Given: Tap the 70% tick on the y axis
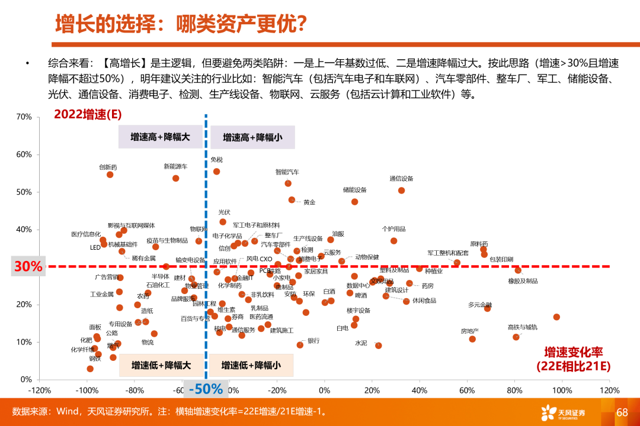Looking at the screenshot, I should point(24,117).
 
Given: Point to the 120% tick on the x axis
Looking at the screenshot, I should point(609,390).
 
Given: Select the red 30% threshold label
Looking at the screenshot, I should point(28,267).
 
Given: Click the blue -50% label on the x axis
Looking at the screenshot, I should point(206,389).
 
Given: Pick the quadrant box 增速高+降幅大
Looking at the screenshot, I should point(161,137).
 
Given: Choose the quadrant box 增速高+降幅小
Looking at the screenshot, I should point(252,137).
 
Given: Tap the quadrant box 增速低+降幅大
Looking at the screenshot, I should point(161,365).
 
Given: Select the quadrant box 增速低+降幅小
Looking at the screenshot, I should point(251,365).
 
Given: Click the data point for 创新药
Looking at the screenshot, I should point(110,175).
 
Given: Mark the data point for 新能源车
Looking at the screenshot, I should point(176,178).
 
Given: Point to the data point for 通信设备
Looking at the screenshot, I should point(401,191).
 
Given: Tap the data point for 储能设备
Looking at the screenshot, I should point(354,202).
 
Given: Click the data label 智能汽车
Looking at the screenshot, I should point(287,172).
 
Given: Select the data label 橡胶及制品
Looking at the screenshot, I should point(523,281).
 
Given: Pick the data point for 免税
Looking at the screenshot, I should point(216,172).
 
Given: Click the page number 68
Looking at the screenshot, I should point(622,412).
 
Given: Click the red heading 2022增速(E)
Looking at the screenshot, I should point(88,114).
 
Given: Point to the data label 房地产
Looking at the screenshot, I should point(470,331).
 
